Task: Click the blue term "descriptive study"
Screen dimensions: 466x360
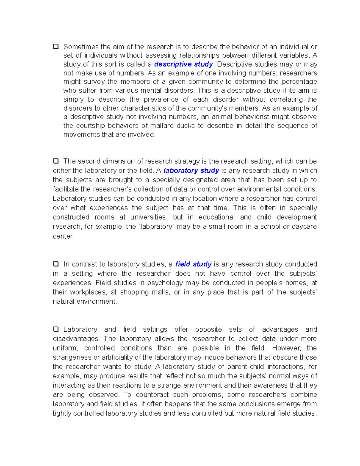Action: tap(183, 64)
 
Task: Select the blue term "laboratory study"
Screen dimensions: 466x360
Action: tap(191, 170)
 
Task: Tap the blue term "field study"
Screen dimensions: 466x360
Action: tap(193, 264)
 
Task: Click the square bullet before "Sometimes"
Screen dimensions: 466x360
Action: tap(56, 47)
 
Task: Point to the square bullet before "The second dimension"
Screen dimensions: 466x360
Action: tap(56, 161)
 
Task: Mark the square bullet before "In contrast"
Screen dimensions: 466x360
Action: tap(56, 264)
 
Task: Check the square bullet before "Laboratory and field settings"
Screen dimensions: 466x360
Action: tap(56, 329)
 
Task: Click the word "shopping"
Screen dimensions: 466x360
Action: tap(134, 292)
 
